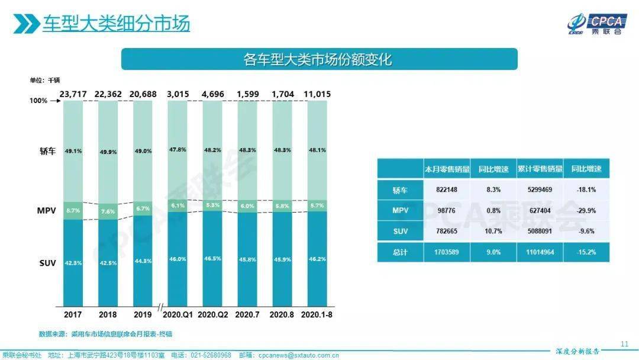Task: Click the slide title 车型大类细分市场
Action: coord(116,23)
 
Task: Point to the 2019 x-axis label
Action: coord(143,314)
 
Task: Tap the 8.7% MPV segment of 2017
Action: coord(73,210)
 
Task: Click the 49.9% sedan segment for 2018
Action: coord(108,152)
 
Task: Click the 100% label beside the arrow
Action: coord(38,101)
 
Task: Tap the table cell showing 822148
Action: coord(447,189)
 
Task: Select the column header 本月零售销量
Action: coord(447,169)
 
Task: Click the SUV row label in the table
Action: coord(399,231)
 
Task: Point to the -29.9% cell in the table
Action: coord(586,210)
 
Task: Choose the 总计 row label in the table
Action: coord(399,252)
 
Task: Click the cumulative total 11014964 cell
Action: coord(539,252)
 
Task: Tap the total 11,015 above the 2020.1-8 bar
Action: coord(317,94)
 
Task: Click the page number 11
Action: coord(624,344)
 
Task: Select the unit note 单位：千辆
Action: coord(45,80)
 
